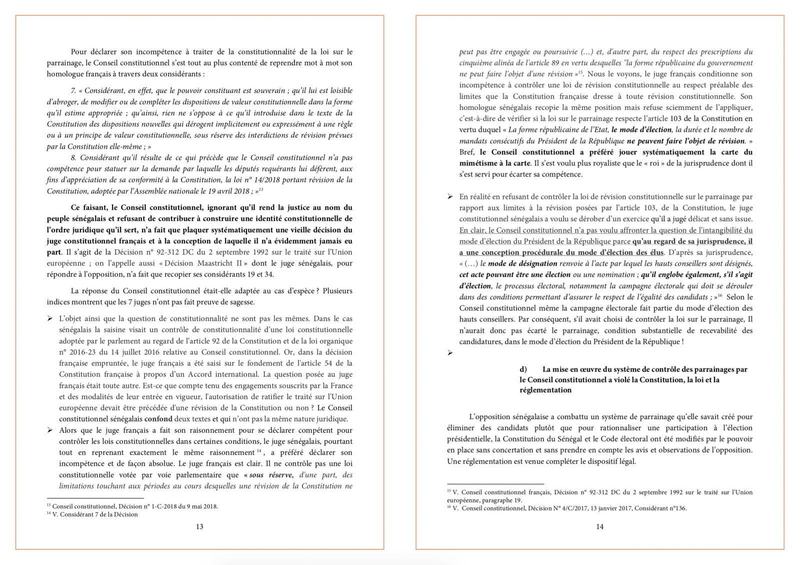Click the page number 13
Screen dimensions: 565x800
tap(199, 527)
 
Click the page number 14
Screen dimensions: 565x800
tap(599, 527)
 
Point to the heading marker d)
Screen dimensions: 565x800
tap(523, 369)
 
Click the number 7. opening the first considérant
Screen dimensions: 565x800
tap(73, 90)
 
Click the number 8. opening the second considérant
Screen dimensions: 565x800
tap(73, 157)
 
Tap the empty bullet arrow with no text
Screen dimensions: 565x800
tap(450, 353)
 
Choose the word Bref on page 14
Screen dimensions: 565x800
tap(467, 152)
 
